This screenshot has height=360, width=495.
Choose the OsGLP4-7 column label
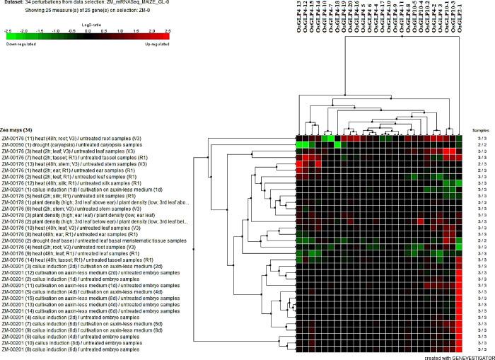(x=328, y=17)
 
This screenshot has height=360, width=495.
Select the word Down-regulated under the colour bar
(x=20, y=43)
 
